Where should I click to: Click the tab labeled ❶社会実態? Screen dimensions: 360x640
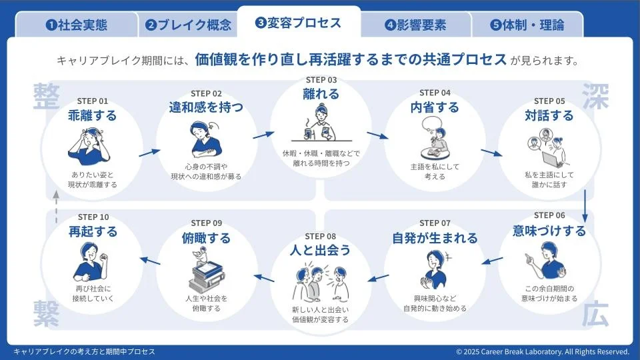click(76, 25)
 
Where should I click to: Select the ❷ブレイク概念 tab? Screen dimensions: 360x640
click(189, 25)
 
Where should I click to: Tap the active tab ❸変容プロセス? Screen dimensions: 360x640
click(298, 23)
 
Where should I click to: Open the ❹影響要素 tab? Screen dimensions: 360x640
click(415, 25)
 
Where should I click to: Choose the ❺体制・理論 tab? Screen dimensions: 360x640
click(527, 25)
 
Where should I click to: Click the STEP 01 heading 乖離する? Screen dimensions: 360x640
click(93, 115)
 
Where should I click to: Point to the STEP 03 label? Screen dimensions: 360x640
click(321, 80)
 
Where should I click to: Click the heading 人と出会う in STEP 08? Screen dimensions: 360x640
click(320, 250)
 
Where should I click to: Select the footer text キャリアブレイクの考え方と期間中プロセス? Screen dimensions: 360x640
click(84, 351)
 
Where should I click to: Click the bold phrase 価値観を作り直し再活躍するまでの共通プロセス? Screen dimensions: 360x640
click(351, 59)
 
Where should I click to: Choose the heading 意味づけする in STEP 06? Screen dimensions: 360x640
click(549, 231)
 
